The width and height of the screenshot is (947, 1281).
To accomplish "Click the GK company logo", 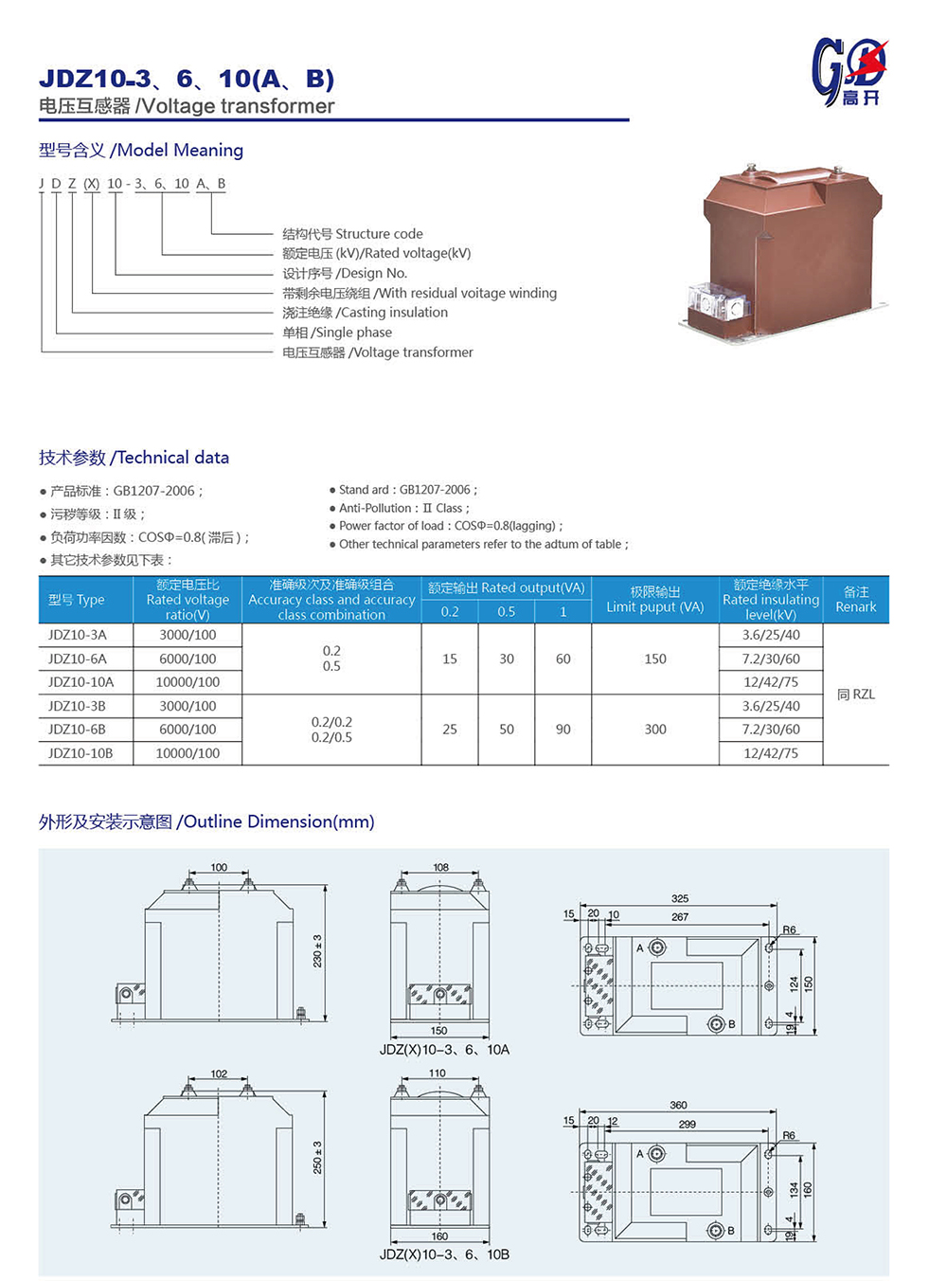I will (849, 71).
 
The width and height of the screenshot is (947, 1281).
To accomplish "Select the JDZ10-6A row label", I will (78, 659).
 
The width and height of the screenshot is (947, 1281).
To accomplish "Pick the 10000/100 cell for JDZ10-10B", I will (188, 753).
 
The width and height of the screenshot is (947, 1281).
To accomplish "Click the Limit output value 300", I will (655, 730).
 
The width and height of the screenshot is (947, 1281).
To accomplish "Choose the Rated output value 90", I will (563, 730).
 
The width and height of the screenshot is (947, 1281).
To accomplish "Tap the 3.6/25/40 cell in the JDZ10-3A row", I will (771, 635).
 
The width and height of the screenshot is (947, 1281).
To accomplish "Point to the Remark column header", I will (856, 600).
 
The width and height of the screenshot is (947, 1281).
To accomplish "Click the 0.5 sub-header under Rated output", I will (507, 612).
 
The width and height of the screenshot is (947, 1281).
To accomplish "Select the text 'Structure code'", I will (379, 234).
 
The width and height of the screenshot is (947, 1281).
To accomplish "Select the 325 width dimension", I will (680, 898).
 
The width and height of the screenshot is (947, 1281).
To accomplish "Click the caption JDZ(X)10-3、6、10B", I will (444, 1254).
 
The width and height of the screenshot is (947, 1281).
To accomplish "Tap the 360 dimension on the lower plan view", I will (678, 1105).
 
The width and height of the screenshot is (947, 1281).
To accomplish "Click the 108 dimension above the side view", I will (440, 867).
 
